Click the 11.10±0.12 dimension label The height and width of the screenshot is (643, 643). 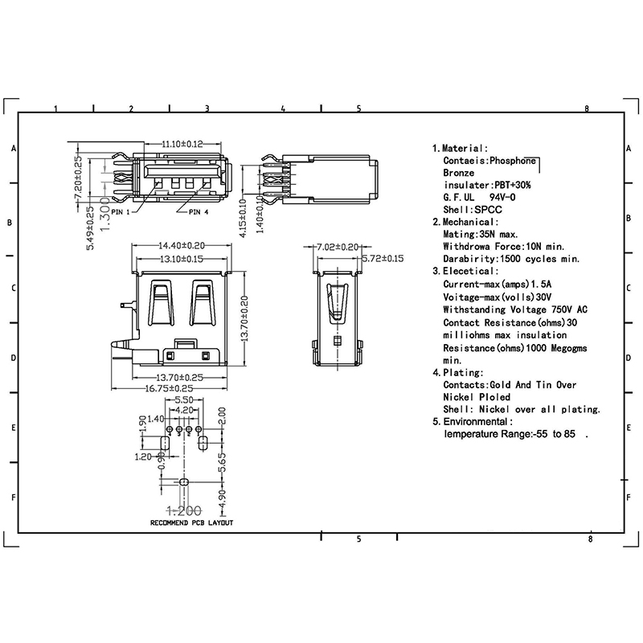[182, 144]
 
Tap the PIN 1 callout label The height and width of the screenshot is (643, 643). [120, 212]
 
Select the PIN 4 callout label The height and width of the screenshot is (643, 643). [199, 212]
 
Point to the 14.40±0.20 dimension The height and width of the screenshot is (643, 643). [182, 246]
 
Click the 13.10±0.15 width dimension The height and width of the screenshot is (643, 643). [182, 259]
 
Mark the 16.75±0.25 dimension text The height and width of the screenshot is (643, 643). [169, 388]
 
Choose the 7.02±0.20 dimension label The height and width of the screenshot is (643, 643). [338, 247]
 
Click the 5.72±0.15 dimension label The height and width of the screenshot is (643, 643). [383, 258]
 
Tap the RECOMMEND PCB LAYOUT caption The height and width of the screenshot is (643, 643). [191, 523]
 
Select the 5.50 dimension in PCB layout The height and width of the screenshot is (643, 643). [184, 399]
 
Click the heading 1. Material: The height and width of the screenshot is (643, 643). [460, 149]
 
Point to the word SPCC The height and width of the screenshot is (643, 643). [488, 210]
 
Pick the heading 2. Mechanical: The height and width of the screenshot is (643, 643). [465, 223]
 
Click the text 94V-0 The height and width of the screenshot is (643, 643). [502, 198]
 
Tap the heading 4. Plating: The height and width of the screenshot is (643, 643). [458, 373]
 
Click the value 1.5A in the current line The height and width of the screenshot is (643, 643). [541, 285]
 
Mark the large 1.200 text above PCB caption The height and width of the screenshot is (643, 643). [184, 511]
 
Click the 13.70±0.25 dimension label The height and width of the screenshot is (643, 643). [179, 377]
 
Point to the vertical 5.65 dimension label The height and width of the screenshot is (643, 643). [222, 463]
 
